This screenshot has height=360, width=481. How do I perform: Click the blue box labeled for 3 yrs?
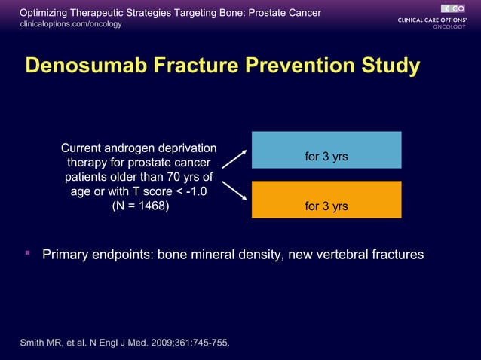(x=326, y=150)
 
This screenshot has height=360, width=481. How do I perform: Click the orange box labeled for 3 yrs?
(x=326, y=200)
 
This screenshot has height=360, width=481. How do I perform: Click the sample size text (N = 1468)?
(x=140, y=206)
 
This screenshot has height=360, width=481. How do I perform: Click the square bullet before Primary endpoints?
(x=28, y=254)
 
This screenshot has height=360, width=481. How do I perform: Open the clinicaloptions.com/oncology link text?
(x=70, y=24)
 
